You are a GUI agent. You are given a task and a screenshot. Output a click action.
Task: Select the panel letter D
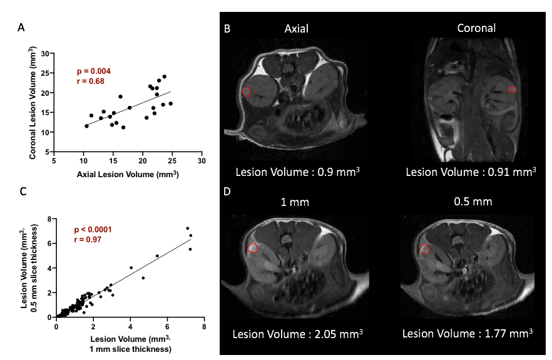[228, 191]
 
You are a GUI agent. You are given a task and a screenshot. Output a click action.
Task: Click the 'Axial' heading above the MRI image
[296, 29]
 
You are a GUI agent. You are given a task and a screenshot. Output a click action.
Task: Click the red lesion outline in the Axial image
[247, 92]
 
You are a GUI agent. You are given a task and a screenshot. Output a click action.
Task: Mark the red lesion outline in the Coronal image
[513, 90]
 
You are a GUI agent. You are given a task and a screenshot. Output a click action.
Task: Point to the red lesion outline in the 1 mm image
[253, 249]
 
